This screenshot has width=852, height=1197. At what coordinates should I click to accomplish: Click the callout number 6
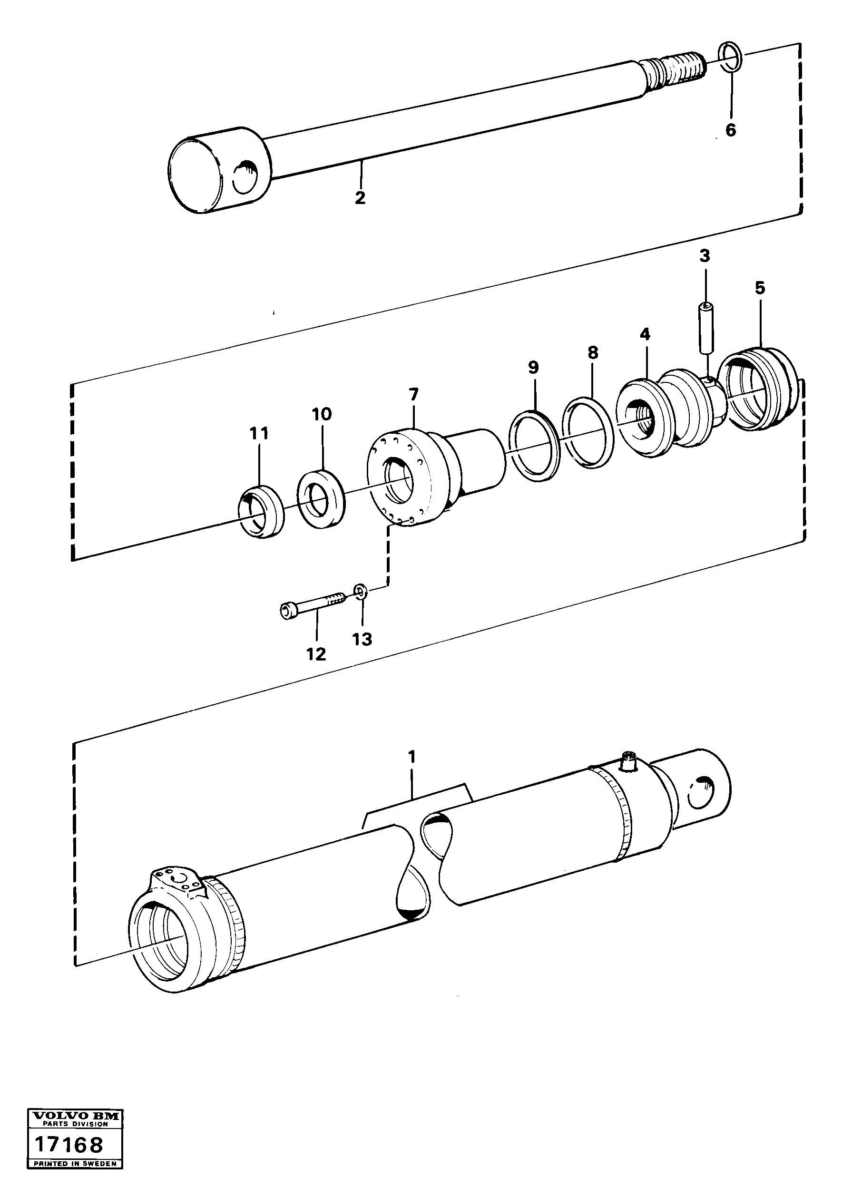click(730, 129)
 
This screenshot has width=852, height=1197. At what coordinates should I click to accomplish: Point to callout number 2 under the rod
click(360, 198)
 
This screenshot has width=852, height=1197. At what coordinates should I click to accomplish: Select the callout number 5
click(760, 288)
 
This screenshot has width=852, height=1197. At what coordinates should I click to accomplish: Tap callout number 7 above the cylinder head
click(413, 394)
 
